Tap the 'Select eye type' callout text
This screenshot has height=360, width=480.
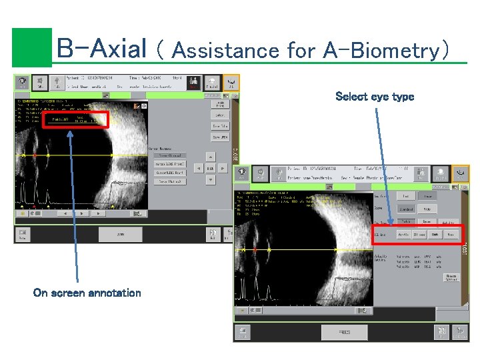(375, 97)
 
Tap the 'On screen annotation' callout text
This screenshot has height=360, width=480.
(87, 293)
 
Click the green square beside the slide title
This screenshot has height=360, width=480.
(31, 47)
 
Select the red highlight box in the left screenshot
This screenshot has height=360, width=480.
(75, 121)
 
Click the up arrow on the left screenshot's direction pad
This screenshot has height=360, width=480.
(210, 156)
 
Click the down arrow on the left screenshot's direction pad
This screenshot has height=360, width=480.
(210, 181)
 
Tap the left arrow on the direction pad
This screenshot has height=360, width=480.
(198, 169)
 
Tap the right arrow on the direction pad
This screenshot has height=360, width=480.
(223, 169)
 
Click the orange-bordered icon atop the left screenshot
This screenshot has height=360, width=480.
(231, 83)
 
